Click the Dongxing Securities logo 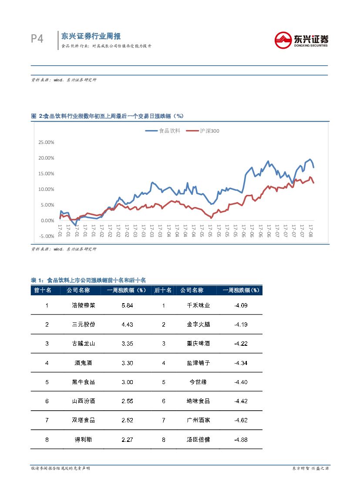301,40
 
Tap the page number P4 37,39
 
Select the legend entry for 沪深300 202,130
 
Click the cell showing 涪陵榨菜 83,305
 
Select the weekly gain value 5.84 127,305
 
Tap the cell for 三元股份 83,324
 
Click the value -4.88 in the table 240,439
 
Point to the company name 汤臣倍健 198,439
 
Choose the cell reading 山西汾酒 83,401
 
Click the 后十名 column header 163,290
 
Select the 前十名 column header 43,290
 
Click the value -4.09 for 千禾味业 240,305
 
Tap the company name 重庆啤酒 198,344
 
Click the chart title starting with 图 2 107,116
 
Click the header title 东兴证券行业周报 91,36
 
